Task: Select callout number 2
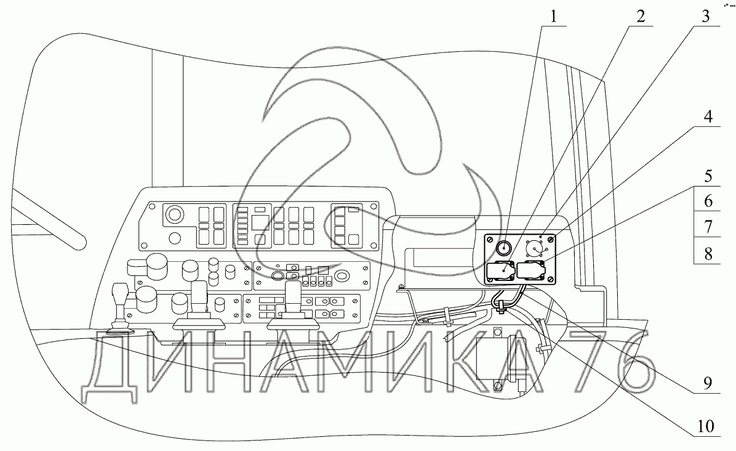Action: click(x=641, y=16)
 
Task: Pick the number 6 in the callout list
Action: click(x=708, y=201)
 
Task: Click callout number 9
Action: click(x=708, y=383)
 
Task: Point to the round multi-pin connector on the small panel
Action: click(x=534, y=248)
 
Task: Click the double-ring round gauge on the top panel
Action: click(x=174, y=215)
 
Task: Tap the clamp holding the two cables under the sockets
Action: click(x=502, y=304)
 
